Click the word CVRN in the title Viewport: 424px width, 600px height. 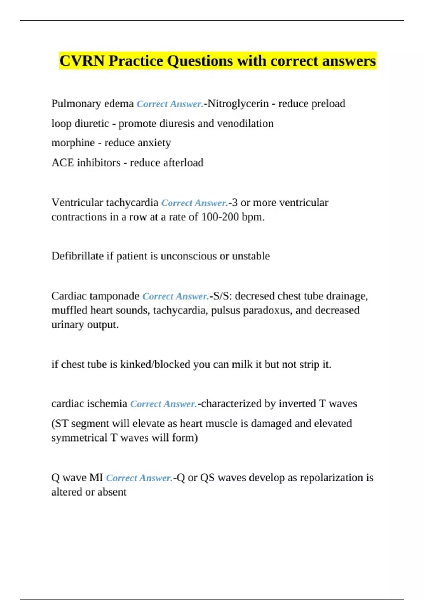click(x=82, y=61)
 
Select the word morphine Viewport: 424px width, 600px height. click(x=73, y=143)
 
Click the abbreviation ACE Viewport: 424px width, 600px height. click(x=63, y=162)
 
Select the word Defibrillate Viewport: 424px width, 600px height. click(x=77, y=256)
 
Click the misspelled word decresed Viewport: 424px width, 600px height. click(x=255, y=296)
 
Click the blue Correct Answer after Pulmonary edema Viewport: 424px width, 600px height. click(x=170, y=104)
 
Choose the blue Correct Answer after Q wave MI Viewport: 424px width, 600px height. click(x=139, y=478)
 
